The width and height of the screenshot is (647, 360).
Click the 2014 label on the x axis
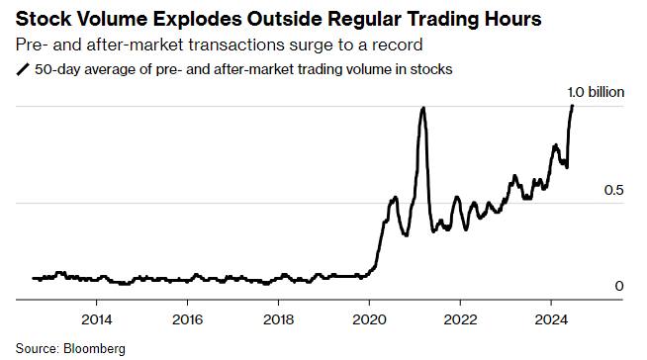(96, 319)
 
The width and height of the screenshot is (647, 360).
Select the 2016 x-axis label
(187, 319)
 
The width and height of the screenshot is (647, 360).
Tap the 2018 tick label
(279, 319)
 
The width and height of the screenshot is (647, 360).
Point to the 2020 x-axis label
(369, 319)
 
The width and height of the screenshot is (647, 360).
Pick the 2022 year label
(460, 319)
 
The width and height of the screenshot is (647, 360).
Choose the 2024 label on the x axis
(551, 319)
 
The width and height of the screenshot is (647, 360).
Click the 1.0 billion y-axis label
(596, 92)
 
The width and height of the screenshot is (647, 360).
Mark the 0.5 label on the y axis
(614, 190)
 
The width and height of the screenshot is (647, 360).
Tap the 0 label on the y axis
(619, 286)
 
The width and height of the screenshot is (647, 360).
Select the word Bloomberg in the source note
(94, 349)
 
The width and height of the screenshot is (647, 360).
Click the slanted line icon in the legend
(23, 69)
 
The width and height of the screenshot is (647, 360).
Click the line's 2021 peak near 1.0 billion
(422, 108)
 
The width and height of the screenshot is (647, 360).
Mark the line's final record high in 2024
(572, 106)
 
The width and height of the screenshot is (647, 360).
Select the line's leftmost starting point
(33, 278)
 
